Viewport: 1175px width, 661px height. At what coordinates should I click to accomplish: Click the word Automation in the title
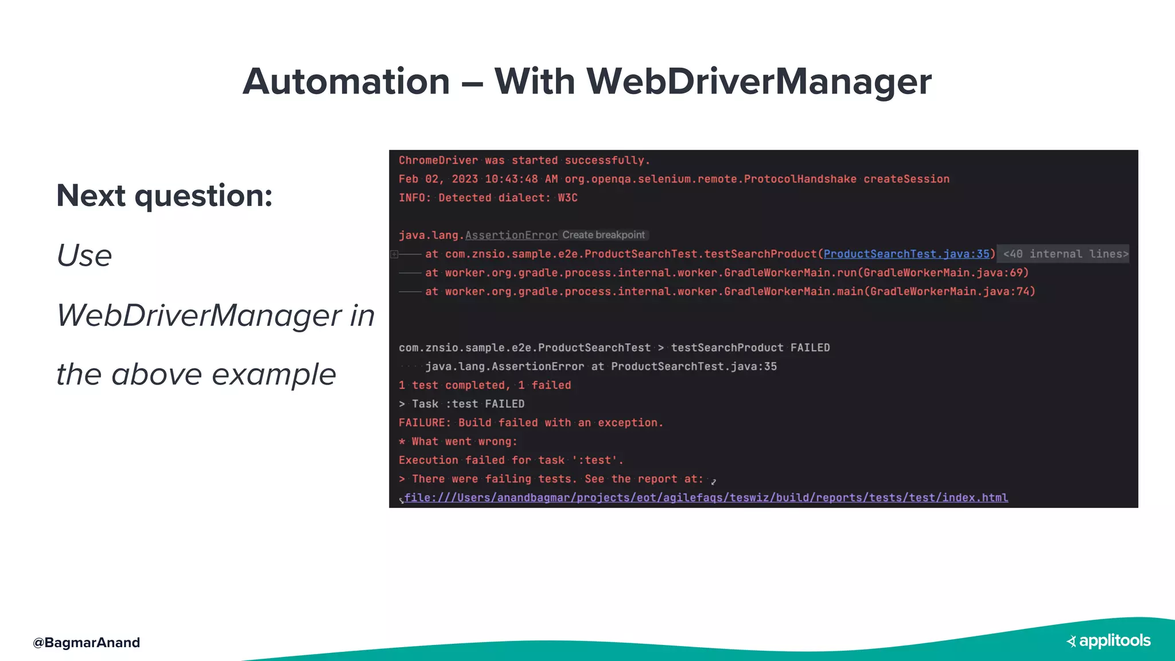tap(346, 81)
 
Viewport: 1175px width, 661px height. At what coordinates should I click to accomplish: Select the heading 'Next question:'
tap(165, 196)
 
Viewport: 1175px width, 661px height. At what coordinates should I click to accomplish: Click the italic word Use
tap(84, 256)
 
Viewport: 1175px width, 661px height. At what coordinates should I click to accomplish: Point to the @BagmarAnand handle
tap(87, 643)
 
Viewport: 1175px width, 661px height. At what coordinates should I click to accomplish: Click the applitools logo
tap(1108, 641)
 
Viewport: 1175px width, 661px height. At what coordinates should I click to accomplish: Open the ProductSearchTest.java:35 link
tap(906, 254)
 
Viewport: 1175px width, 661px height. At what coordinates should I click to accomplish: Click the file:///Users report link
tap(706, 497)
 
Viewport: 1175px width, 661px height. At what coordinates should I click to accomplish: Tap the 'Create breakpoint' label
tap(604, 235)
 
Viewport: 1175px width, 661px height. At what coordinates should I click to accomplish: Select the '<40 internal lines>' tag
tap(1065, 254)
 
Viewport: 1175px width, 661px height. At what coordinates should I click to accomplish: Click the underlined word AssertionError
tap(511, 235)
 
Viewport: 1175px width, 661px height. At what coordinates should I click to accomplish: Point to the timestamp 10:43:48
tap(511, 179)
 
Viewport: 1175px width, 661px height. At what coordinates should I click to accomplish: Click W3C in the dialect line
tap(567, 198)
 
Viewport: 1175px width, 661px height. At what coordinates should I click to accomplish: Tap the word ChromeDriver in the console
tap(438, 161)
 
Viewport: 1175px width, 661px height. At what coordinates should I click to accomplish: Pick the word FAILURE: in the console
tap(425, 423)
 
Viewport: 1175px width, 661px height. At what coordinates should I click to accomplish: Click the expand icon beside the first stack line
tap(394, 254)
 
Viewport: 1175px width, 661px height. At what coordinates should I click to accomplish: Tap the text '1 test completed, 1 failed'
tap(485, 385)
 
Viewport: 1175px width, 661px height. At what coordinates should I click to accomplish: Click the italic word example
tap(274, 375)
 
